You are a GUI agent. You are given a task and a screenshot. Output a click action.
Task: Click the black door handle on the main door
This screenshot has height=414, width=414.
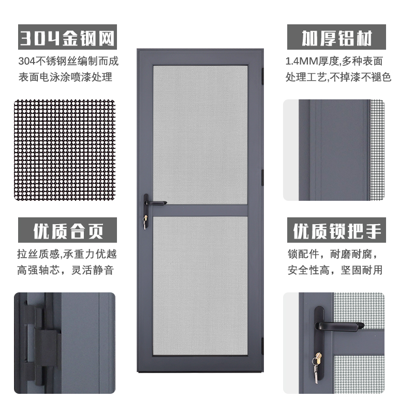[154, 203]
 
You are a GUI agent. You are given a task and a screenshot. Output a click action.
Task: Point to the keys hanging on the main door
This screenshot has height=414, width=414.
[145, 222]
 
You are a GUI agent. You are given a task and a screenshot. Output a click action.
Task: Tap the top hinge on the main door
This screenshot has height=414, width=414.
[263, 76]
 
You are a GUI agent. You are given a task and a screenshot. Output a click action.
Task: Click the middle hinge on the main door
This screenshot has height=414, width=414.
[263, 178]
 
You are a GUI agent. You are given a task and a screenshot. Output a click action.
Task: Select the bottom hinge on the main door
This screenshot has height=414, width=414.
[263, 346]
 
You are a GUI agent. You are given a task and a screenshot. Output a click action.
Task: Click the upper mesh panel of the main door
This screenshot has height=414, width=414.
[200, 135]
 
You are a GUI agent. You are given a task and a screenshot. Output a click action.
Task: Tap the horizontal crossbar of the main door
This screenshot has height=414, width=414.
[200, 211]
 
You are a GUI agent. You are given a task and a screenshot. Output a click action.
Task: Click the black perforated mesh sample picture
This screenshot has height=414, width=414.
[65, 150]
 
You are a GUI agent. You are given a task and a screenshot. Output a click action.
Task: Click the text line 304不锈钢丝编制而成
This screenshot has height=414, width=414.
[68, 61]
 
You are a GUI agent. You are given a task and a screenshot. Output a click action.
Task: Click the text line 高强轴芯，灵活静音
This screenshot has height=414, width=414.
[66, 270]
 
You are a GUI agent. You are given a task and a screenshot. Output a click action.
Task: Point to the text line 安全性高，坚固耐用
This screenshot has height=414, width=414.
[335, 270]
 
